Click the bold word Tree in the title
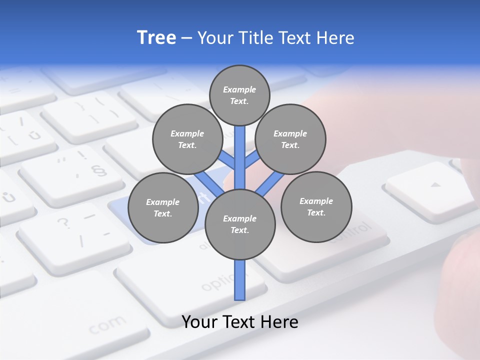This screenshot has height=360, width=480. (x=156, y=38)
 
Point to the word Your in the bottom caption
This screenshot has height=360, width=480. (x=199, y=322)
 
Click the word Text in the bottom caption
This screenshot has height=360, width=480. (x=238, y=322)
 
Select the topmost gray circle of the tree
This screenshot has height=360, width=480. (x=239, y=95)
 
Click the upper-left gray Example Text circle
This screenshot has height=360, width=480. (x=187, y=139)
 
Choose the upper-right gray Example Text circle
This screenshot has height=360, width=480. (x=290, y=139)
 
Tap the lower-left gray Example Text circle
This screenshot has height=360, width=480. (x=162, y=207)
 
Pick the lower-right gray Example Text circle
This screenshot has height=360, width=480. (x=316, y=206)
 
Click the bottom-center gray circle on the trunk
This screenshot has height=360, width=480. (x=239, y=224)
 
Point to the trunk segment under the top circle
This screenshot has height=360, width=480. (x=240, y=150)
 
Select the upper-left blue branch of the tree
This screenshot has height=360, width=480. (x=226, y=160)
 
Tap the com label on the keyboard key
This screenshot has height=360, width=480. (x=108, y=325)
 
